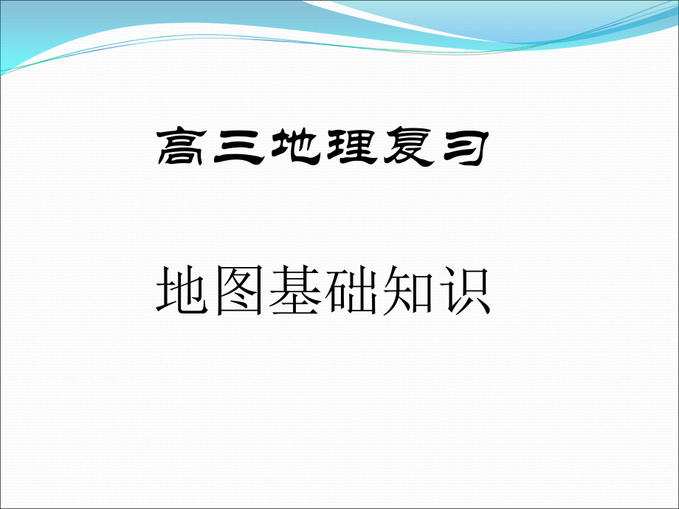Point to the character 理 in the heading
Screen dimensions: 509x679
[x=349, y=148]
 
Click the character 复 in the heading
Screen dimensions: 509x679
[x=404, y=148]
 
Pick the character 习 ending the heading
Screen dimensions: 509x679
[x=460, y=148]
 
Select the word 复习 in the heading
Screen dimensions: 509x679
[x=432, y=148]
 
